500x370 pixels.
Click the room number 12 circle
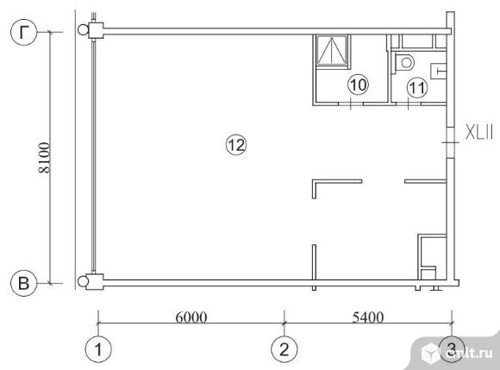(236, 145)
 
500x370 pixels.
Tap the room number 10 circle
(358, 85)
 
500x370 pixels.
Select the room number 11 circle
(417, 87)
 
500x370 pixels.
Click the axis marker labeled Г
(24, 32)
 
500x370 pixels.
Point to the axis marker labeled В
(24, 283)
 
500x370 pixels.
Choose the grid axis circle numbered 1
(98, 349)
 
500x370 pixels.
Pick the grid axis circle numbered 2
(284, 349)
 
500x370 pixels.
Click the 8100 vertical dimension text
(44, 158)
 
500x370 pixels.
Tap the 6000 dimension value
(191, 317)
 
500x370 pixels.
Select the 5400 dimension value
(368, 317)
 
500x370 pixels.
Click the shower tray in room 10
(332, 51)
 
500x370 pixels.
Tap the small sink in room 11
(439, 71)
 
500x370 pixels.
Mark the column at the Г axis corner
(96, 31)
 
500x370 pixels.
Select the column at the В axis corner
(96, 282)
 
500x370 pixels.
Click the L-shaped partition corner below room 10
(315, 182)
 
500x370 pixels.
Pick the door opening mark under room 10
(351, 104)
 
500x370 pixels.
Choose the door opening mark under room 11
(409, 104)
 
